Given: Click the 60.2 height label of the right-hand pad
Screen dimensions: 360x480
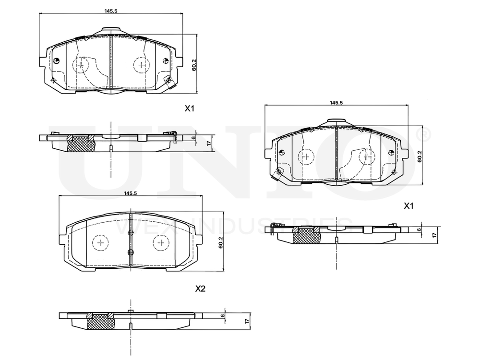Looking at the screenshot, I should tap(419, 157).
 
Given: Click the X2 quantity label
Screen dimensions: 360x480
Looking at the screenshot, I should tap(200, 289).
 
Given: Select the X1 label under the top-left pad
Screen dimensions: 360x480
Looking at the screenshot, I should tap(190, 108).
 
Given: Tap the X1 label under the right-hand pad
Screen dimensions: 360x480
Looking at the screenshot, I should tap(408, 205).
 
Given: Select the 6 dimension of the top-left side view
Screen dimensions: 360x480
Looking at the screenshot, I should tap(194, 138).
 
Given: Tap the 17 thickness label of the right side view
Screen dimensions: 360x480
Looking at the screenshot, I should tap(434, 235).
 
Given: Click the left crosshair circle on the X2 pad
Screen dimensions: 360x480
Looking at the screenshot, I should tap(100, 243).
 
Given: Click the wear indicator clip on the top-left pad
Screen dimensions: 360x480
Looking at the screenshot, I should tap(169, 82).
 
